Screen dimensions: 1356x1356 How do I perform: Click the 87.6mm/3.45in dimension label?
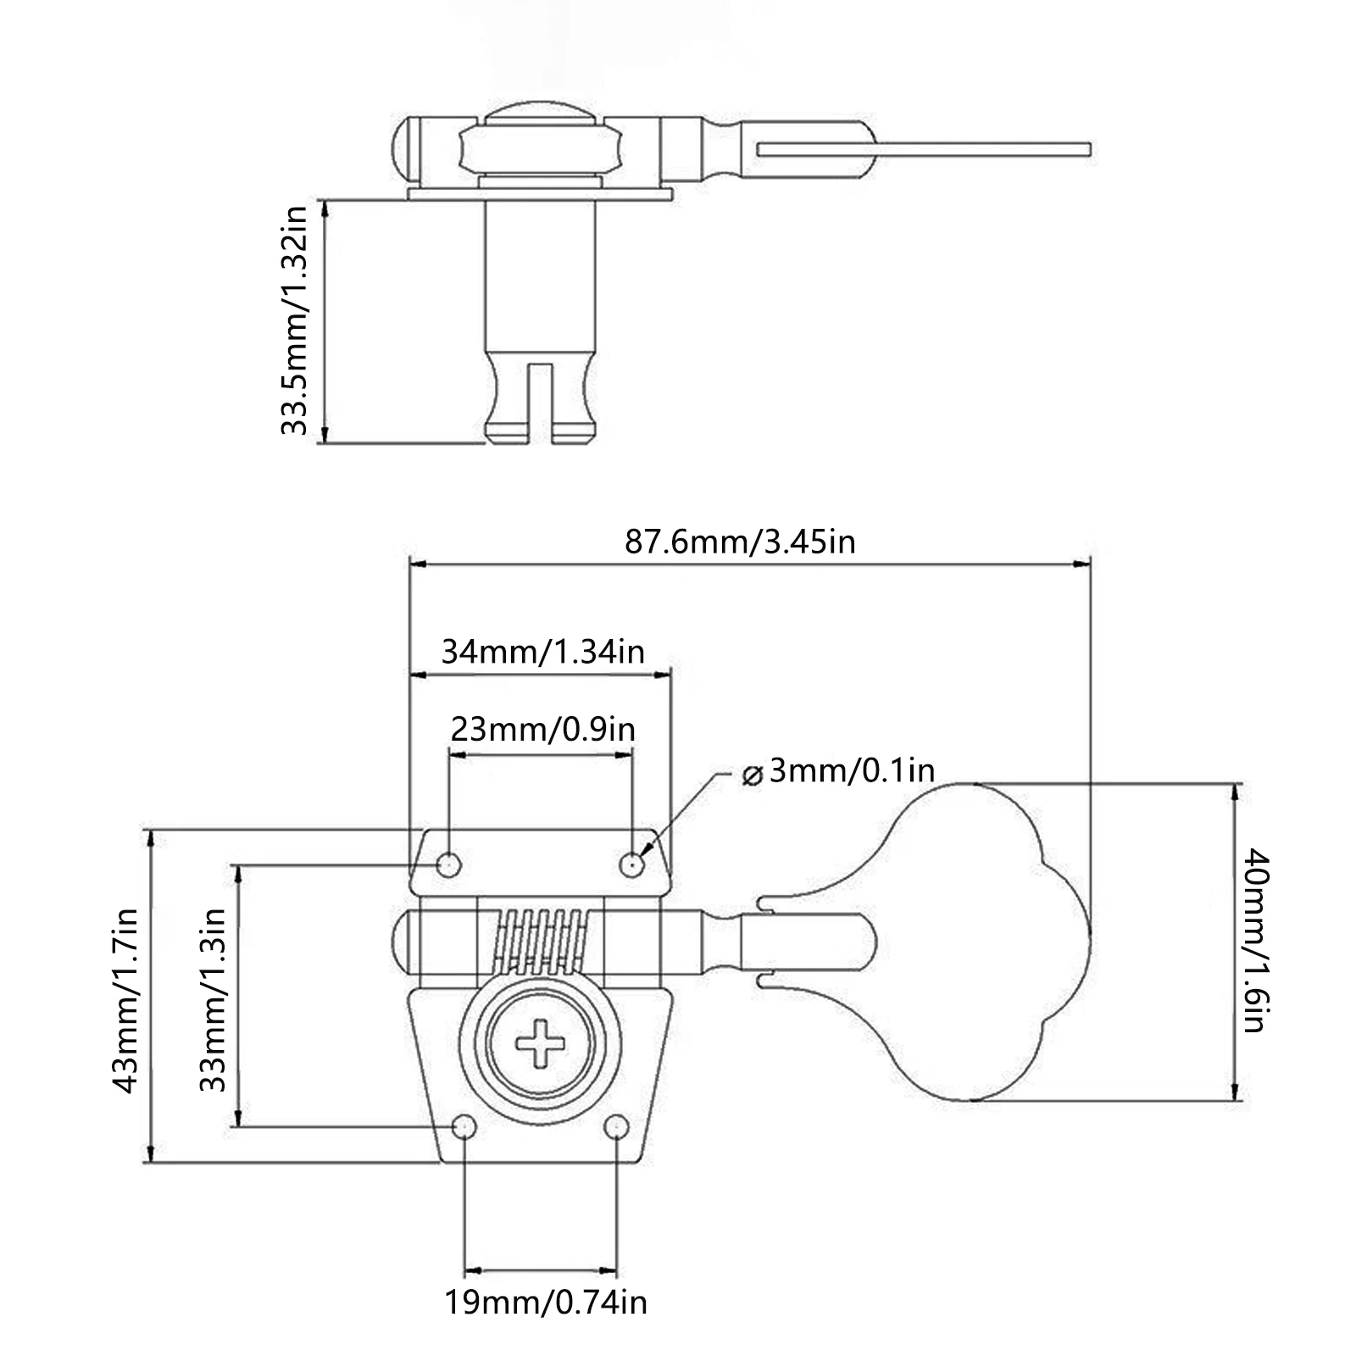740,541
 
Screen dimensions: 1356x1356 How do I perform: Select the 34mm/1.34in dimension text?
543,651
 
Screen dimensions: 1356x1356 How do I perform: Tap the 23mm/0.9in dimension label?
542,729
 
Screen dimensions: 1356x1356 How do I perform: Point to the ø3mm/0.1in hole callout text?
837,771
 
